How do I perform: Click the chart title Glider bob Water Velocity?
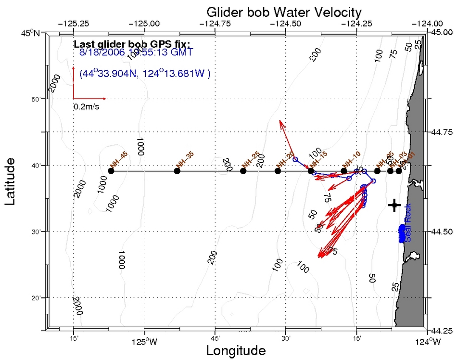(x=284, y=12)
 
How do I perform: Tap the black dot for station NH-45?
(x=111, y=171)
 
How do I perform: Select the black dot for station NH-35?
(x=177, y=171)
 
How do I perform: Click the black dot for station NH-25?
(x=243, y=171)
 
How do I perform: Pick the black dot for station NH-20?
(x=278, y=171)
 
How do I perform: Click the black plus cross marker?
(x=394, y=206)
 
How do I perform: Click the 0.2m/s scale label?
(x=87, y=107)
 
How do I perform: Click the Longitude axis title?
(x=236, y=350)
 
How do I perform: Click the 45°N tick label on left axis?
(x=33, y=33)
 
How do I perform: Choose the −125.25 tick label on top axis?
(x=73, y=23)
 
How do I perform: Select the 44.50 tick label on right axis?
(x=441, y=231)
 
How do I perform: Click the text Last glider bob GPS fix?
(x=126, y=44)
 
